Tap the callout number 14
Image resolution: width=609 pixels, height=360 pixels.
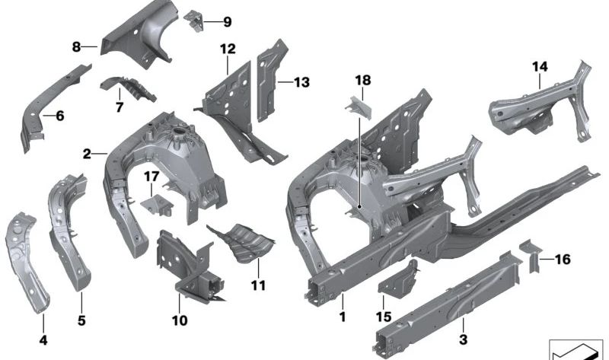click(540, 67)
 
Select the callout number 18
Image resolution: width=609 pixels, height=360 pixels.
click(362, 80)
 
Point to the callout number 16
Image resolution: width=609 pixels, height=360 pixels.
click(563, 260)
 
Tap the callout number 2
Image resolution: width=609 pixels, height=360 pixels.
click(88, 154)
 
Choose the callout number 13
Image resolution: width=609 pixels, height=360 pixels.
click(302, 81)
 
